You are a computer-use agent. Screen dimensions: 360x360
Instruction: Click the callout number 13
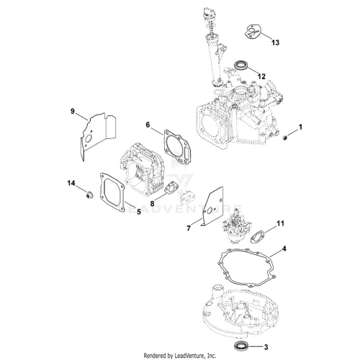(276, 42)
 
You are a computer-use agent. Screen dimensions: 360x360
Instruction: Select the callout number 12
(261, 76)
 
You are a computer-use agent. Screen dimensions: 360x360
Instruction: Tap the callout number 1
(300, 127)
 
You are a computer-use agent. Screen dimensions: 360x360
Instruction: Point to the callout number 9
(73, 112)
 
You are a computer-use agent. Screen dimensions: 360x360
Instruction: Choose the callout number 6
(148, 125)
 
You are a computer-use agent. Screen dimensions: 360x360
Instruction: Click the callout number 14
(71, 184)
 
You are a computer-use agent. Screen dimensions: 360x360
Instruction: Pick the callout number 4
(284, 248)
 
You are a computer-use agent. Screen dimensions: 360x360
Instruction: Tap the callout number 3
(266, 347)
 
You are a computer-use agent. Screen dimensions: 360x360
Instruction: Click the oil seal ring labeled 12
(240, 66)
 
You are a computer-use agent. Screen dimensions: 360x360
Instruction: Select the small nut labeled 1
(285, 138)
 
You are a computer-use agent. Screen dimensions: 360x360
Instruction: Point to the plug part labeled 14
(89, 195)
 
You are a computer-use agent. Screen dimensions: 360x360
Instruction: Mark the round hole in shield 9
(88, 138)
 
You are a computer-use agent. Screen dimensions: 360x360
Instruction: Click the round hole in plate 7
(209, 211)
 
